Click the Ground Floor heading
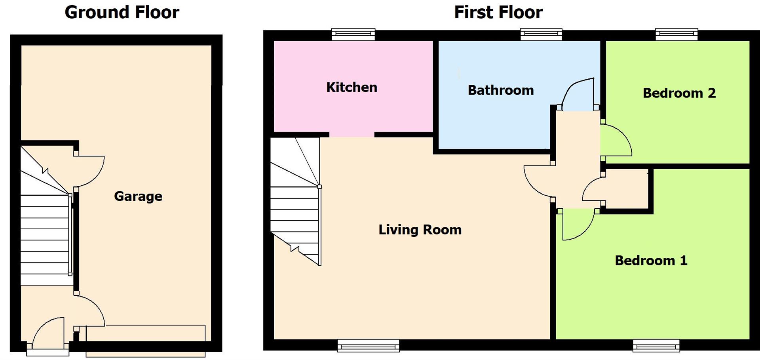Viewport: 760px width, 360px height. pos(122,12)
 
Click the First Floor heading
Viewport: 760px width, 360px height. pos(498,12)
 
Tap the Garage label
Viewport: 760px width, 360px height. pos(138,196)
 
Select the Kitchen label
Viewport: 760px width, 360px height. pos(351,88)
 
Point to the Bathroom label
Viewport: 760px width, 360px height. pos(501,90)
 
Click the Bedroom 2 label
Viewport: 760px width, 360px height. pos(679,93)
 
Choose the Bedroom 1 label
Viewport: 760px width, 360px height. pos(651,261)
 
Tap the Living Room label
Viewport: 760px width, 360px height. pos(420,230)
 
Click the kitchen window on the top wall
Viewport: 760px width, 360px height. pos(353,34)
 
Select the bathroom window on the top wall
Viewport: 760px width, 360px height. pos(541,34)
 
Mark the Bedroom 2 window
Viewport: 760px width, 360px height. pos(676,34)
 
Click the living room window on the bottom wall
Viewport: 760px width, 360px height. pos(368,346)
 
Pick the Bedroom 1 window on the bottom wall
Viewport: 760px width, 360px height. pos(656,346)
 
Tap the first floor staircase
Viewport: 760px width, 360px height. pos(295,210)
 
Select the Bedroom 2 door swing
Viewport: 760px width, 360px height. pos(616,141)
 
